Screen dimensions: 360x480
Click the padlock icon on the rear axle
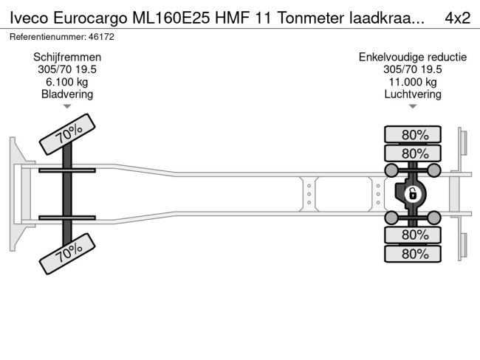pyautogui.click(x=413, y=194)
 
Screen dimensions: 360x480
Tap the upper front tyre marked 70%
pyautogui.click(x=68, y=134)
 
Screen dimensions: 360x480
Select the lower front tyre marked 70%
pyautogui.click(x=68, y=254)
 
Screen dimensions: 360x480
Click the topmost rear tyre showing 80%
pyautogui.click(x=413, y=134)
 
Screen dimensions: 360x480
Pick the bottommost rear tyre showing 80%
pyautogui.click(x=413, y=254)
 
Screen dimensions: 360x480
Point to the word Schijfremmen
pyautogui.click(x=68, y=57)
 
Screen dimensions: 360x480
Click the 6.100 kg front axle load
pyautogui.click(x=68, y=82)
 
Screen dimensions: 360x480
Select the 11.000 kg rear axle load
pyautogui.click(x=413, y=82)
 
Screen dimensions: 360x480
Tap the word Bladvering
pyautogui.click(x=68, y=94)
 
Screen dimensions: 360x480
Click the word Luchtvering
pyautogui.click(x=413, y=94)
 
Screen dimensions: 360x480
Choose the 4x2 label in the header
pyautogui.click(x=457, y=18)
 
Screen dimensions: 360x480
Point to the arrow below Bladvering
pyautogui.click(x=68, y=107)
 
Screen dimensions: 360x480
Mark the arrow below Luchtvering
pyautogui.click(x=413, y=107)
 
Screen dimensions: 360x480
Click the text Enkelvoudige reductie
pyautogui.click(x=413, y=57)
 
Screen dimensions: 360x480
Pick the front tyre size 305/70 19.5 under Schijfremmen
pyautogui.click(x=68, y=69)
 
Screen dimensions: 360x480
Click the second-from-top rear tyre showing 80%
pyautogui.click(x=413, y=153)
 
